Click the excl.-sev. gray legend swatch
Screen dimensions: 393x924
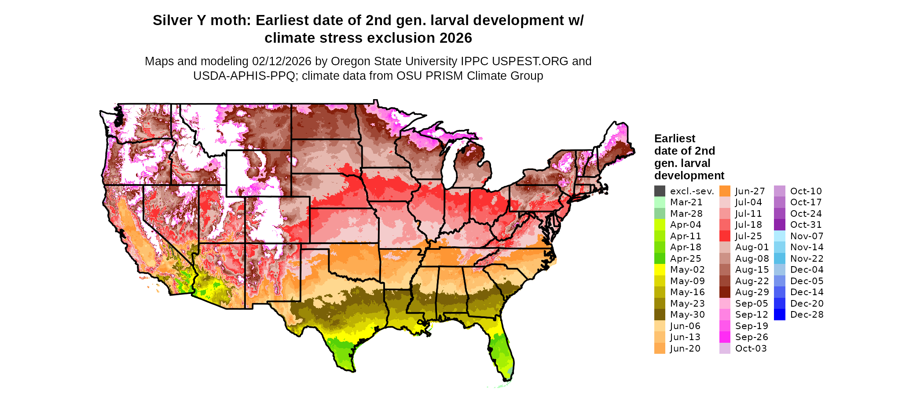(x=660, y=191)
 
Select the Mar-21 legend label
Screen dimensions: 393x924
(x=686, y=202)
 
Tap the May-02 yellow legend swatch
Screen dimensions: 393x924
(x=660, y=270)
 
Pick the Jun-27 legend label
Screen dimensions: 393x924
(x=750, y=191)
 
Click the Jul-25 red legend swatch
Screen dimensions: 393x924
(x=725, y=236)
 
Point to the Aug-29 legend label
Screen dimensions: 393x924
(x=752, y=292)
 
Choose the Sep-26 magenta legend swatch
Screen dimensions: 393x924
(x=725, y=337)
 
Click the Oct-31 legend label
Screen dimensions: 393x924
(x=806, y=225)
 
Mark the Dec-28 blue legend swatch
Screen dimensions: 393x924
(x=779, y=315)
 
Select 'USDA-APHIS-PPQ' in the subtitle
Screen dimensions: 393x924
(x=244, y=76)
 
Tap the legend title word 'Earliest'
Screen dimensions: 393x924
(x=675, y=139)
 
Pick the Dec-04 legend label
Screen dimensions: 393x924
(x=807, y=270)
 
